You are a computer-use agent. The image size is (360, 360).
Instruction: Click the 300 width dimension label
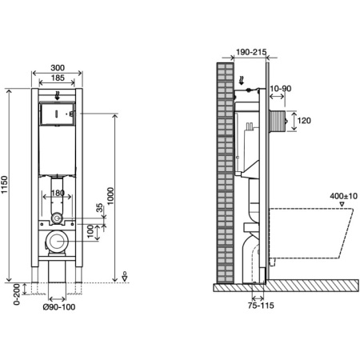[58, 68]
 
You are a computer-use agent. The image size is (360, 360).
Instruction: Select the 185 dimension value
[58, 78]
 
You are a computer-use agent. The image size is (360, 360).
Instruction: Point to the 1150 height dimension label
[4, 185]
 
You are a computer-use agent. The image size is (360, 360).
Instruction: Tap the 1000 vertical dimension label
[110, 196]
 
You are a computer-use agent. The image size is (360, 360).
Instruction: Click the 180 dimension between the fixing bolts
[58, 193]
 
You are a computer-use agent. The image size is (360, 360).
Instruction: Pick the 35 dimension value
[99, 207]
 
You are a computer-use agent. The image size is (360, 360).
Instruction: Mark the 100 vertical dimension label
[90, 231]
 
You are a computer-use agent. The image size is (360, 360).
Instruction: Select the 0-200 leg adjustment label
[17, 294]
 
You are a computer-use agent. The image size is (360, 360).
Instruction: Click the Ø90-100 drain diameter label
[59, 307]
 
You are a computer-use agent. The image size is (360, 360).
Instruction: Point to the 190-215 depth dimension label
[251, 52]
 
